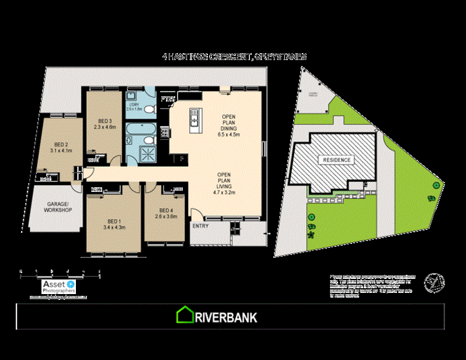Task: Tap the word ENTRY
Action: click(201, 226)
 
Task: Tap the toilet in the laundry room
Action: click(149, 109)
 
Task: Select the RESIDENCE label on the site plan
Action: click(335, 159)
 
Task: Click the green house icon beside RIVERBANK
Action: click(185, 315)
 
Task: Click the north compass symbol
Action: click(433, 281)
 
